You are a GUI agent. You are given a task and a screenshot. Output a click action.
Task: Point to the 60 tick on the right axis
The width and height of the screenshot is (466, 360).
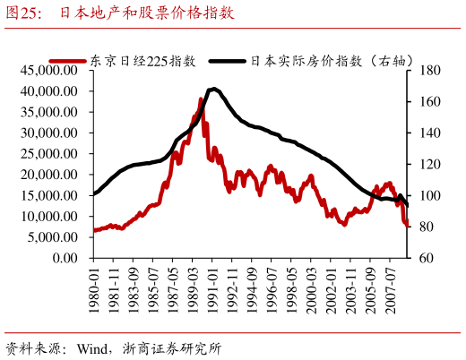tap(426, 258)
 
